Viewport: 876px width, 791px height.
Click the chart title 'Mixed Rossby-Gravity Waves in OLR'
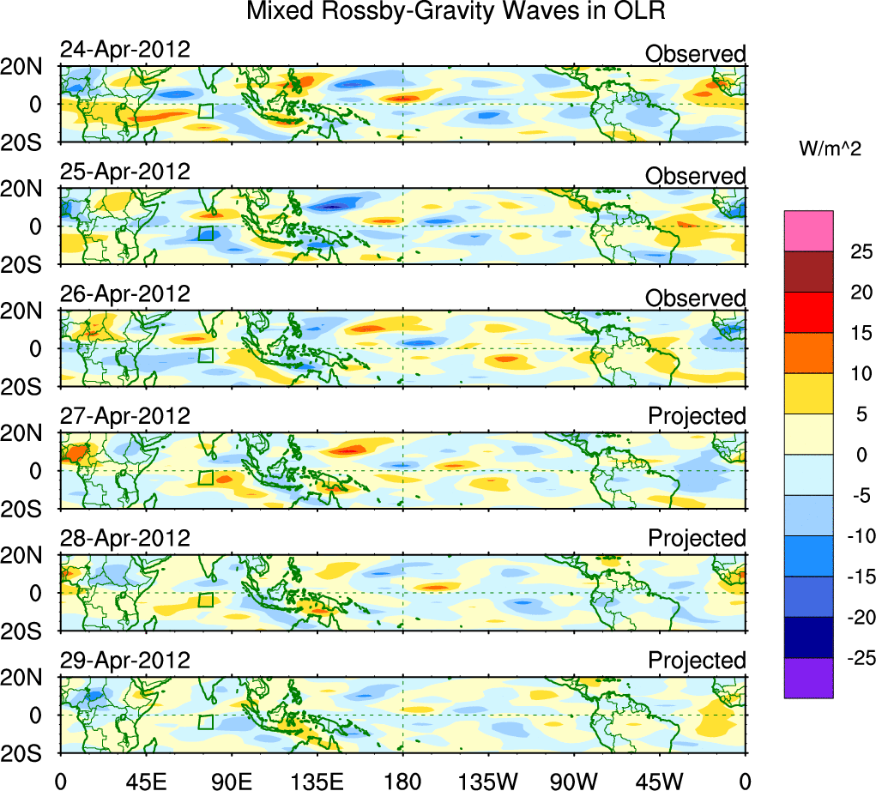pyautogui.click(x=456, y=13)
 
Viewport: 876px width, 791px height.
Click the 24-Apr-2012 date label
pyautogui.click(x=124, y=49)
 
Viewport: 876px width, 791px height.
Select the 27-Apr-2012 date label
pyautogui.click(x=124, y=416)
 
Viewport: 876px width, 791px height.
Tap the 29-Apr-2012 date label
pyautogui.click(x=124, y=661)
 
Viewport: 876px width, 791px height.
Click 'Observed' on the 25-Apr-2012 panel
pyautogui.click(x=695, y=176)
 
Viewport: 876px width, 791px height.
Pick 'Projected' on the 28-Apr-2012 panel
pyautogui.click(x=697, y=539)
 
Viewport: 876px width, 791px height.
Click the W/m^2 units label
pyautogui.click(x=831, y=149)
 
